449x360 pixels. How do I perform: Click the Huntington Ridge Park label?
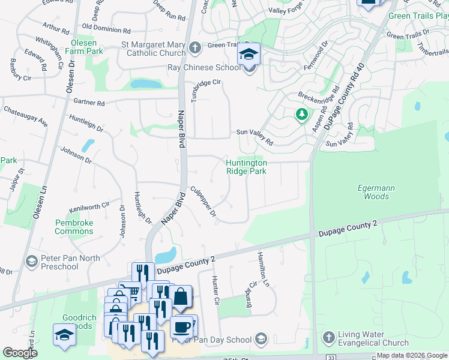(246, 166)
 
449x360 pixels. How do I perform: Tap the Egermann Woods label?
(376, 192)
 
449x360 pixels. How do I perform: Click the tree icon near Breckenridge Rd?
(301, 113)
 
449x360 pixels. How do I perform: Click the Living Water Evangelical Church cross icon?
(328, 337)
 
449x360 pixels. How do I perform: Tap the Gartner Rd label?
(89, 103)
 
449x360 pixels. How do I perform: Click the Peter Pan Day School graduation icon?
(261, 340)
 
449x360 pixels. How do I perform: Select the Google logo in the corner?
(19, 353)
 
